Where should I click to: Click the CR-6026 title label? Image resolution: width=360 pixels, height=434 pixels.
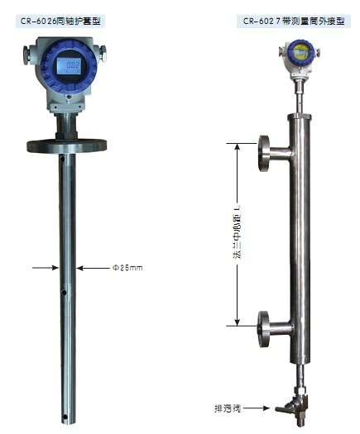60,21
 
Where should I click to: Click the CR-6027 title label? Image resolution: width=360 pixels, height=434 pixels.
294,21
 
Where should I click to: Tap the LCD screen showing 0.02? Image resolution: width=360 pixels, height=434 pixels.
69,66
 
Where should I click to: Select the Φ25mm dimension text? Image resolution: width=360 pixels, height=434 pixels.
127,268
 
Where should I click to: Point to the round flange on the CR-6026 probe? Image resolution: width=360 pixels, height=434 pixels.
67,145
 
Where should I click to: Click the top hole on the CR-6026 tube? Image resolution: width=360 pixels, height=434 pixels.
62,159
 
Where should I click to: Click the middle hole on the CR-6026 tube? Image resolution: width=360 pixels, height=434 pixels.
64,293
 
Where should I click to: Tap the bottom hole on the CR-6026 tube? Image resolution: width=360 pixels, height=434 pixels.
65,417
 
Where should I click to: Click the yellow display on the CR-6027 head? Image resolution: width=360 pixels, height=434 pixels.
301,52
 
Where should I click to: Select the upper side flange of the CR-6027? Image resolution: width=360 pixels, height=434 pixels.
264,153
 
